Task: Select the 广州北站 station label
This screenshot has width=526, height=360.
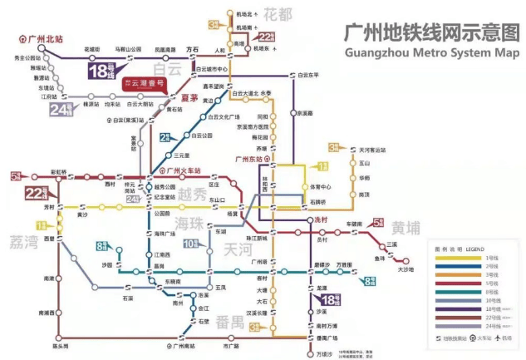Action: coord(42,38)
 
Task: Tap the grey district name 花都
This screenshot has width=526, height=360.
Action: coord(279,13)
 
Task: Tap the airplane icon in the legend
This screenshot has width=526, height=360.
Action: coord(497,338)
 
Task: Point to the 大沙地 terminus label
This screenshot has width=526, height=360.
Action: coord(405,269)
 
